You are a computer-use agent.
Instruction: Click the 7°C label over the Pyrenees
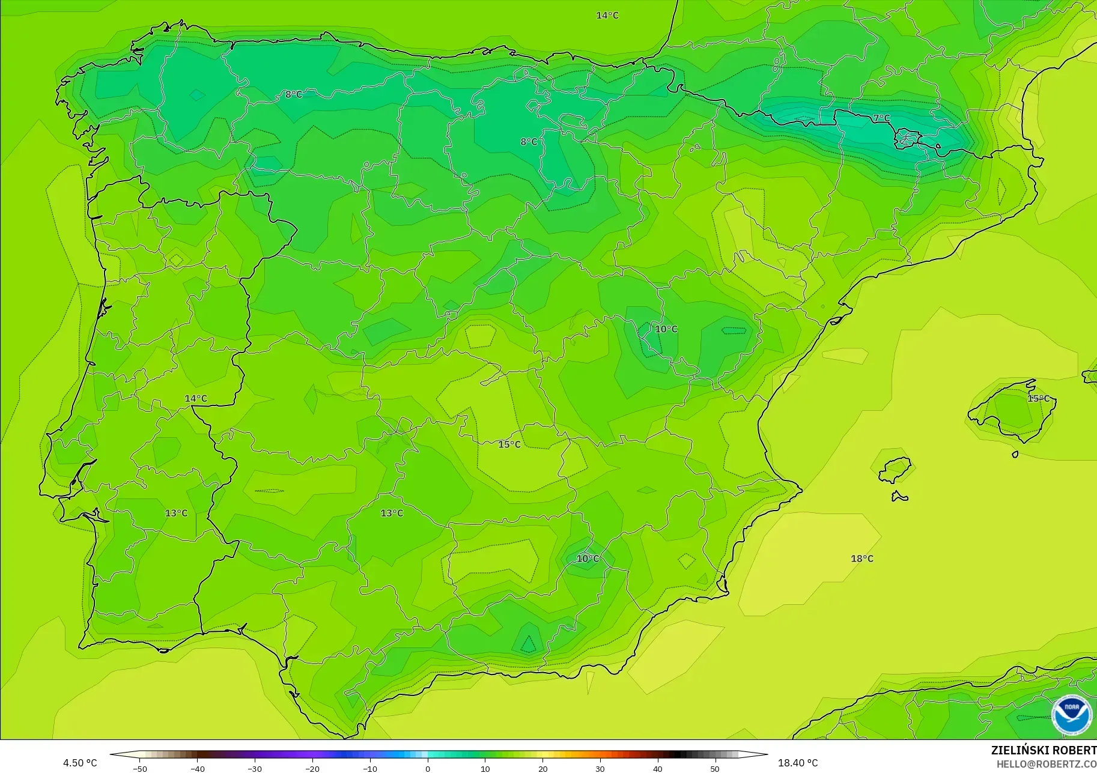click(881, 118)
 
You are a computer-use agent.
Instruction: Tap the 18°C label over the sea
click(861, 559)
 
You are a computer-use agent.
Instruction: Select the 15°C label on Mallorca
click(1038, 398)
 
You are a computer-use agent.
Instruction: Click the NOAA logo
click(1071, 714)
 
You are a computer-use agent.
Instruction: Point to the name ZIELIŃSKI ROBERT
click(1044, 750)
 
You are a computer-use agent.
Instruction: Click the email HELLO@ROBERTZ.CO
click(1046, 764)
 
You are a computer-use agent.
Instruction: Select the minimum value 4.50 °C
click(80, 763)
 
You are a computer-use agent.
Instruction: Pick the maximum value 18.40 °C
click(798, 763)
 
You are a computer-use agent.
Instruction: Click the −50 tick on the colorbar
click(139, 768)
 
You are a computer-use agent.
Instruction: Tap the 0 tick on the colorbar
click(428, 768)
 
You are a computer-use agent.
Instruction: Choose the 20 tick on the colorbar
click(542, 768)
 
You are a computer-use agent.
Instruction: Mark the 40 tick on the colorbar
click(658, 768)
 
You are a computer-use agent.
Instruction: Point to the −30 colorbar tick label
click(255, 768)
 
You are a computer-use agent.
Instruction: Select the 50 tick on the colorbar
click(715, 768)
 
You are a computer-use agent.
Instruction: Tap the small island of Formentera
click(899, 496)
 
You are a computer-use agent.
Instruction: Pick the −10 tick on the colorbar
click(370, 768)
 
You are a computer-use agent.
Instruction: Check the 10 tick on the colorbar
click(485, 768)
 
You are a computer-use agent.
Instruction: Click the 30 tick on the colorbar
click(600, 768)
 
